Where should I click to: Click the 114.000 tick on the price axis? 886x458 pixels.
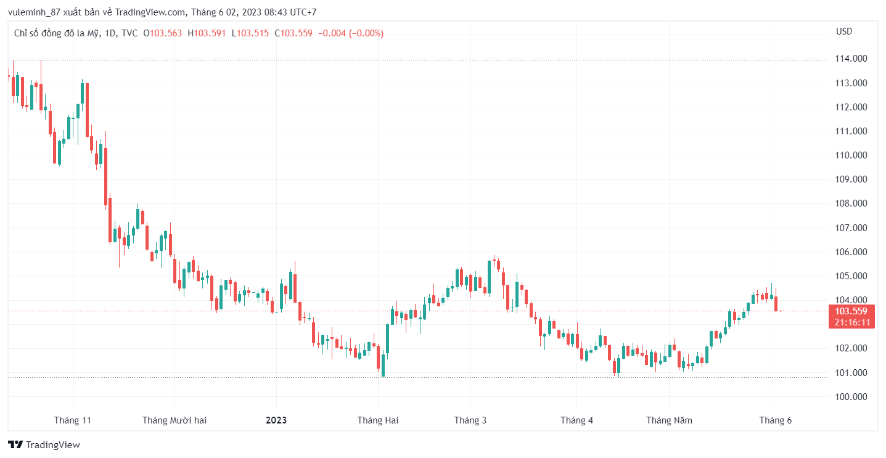pos(851,59)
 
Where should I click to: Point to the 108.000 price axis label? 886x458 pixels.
pos(851,203)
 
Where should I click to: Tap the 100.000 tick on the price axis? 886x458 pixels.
pos(851,396)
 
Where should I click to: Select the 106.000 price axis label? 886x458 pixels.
pos(851,251)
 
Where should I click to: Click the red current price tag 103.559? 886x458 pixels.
pos(851,311)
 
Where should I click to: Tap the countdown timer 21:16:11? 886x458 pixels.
pos(851,322)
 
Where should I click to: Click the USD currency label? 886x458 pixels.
pos(844,31)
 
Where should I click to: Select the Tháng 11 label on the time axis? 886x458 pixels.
pos(72,420)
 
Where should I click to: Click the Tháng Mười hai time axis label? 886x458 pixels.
pos(174,420)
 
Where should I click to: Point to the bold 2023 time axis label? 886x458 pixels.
pos(276,420)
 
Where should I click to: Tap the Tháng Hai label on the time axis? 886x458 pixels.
pos(378,420)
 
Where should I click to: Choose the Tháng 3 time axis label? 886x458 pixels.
pos(470,420)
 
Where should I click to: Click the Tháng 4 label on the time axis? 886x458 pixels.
pos(576,420)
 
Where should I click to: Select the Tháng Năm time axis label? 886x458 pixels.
pos(669,420)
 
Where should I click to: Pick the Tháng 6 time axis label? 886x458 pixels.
pos(775,420)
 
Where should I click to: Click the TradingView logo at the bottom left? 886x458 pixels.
pos(44,444)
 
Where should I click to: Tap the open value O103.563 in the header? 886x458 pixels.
pos(163,33)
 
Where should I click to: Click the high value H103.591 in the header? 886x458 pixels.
pos(207,33)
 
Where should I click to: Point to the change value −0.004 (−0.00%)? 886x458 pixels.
pos(351,33)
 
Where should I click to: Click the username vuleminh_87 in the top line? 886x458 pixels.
pos(34,12)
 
